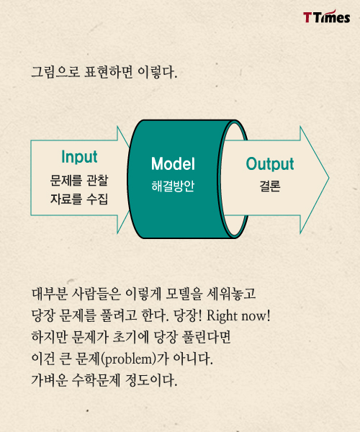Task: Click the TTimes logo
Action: [327, 17]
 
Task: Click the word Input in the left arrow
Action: [79, 157]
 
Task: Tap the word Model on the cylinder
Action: [173, 163]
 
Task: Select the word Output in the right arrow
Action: [270, 164]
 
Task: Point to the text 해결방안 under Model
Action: [173, 186]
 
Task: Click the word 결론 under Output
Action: [270, 186]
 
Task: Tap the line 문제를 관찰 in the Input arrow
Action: [79, 181]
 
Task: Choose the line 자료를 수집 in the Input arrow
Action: [79, 199]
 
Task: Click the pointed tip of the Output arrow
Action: [329, 178]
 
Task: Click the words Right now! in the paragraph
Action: [238, 316]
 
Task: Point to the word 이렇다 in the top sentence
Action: [157, 72]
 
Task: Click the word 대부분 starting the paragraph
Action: [50, 294]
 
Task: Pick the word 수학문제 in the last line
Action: [96, 380]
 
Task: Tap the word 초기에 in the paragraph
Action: [130, 337]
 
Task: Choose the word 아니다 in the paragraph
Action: [193, 359]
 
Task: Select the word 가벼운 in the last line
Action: [49, 380]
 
